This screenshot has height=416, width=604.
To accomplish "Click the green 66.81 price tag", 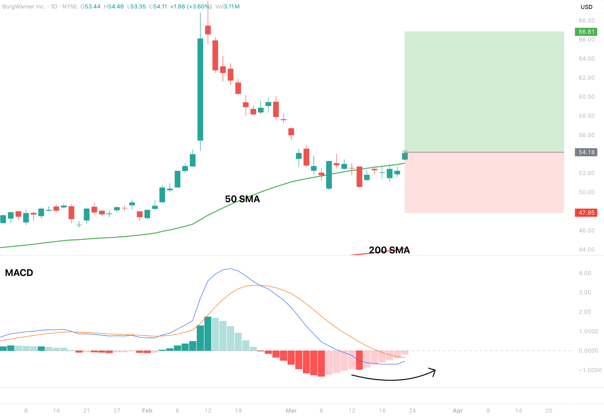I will click(x=586, y=32).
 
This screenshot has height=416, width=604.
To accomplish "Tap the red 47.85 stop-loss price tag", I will click(x=586, y=213).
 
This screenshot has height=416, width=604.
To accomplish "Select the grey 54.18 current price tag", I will click(x=586, y=152).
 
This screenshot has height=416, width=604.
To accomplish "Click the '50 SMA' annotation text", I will click(x=242, y=199).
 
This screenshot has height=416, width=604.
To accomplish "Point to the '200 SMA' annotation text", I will click(x=389, y=250).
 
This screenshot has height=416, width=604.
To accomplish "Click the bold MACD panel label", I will click(x=19, y=273).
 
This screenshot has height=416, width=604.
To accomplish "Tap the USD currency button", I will click(x=587, y=7).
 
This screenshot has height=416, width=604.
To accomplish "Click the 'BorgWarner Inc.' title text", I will click(x=24, y=6).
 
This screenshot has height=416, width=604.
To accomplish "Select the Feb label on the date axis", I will click(x=147, y=411).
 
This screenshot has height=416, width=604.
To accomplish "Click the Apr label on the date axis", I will click(x=458, y=411).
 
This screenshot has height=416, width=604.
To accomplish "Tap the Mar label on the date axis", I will click(x=291, y=411).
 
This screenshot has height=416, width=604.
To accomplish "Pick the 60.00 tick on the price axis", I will click(x=587, y=97).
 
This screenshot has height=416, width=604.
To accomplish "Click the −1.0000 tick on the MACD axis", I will click(x=590, y=370).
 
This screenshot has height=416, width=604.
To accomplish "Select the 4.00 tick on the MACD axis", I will click(x=585, y=273).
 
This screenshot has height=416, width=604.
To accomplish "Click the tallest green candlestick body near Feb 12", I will click(x=200, y=89).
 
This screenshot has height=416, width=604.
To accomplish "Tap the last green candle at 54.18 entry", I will click(x=405, y=156).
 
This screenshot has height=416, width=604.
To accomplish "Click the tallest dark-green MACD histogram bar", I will click(x=208, y=334).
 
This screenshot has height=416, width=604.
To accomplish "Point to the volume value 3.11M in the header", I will click(x=232, y=6).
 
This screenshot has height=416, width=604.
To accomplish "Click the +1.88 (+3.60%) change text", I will click(x=191, y=6).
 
